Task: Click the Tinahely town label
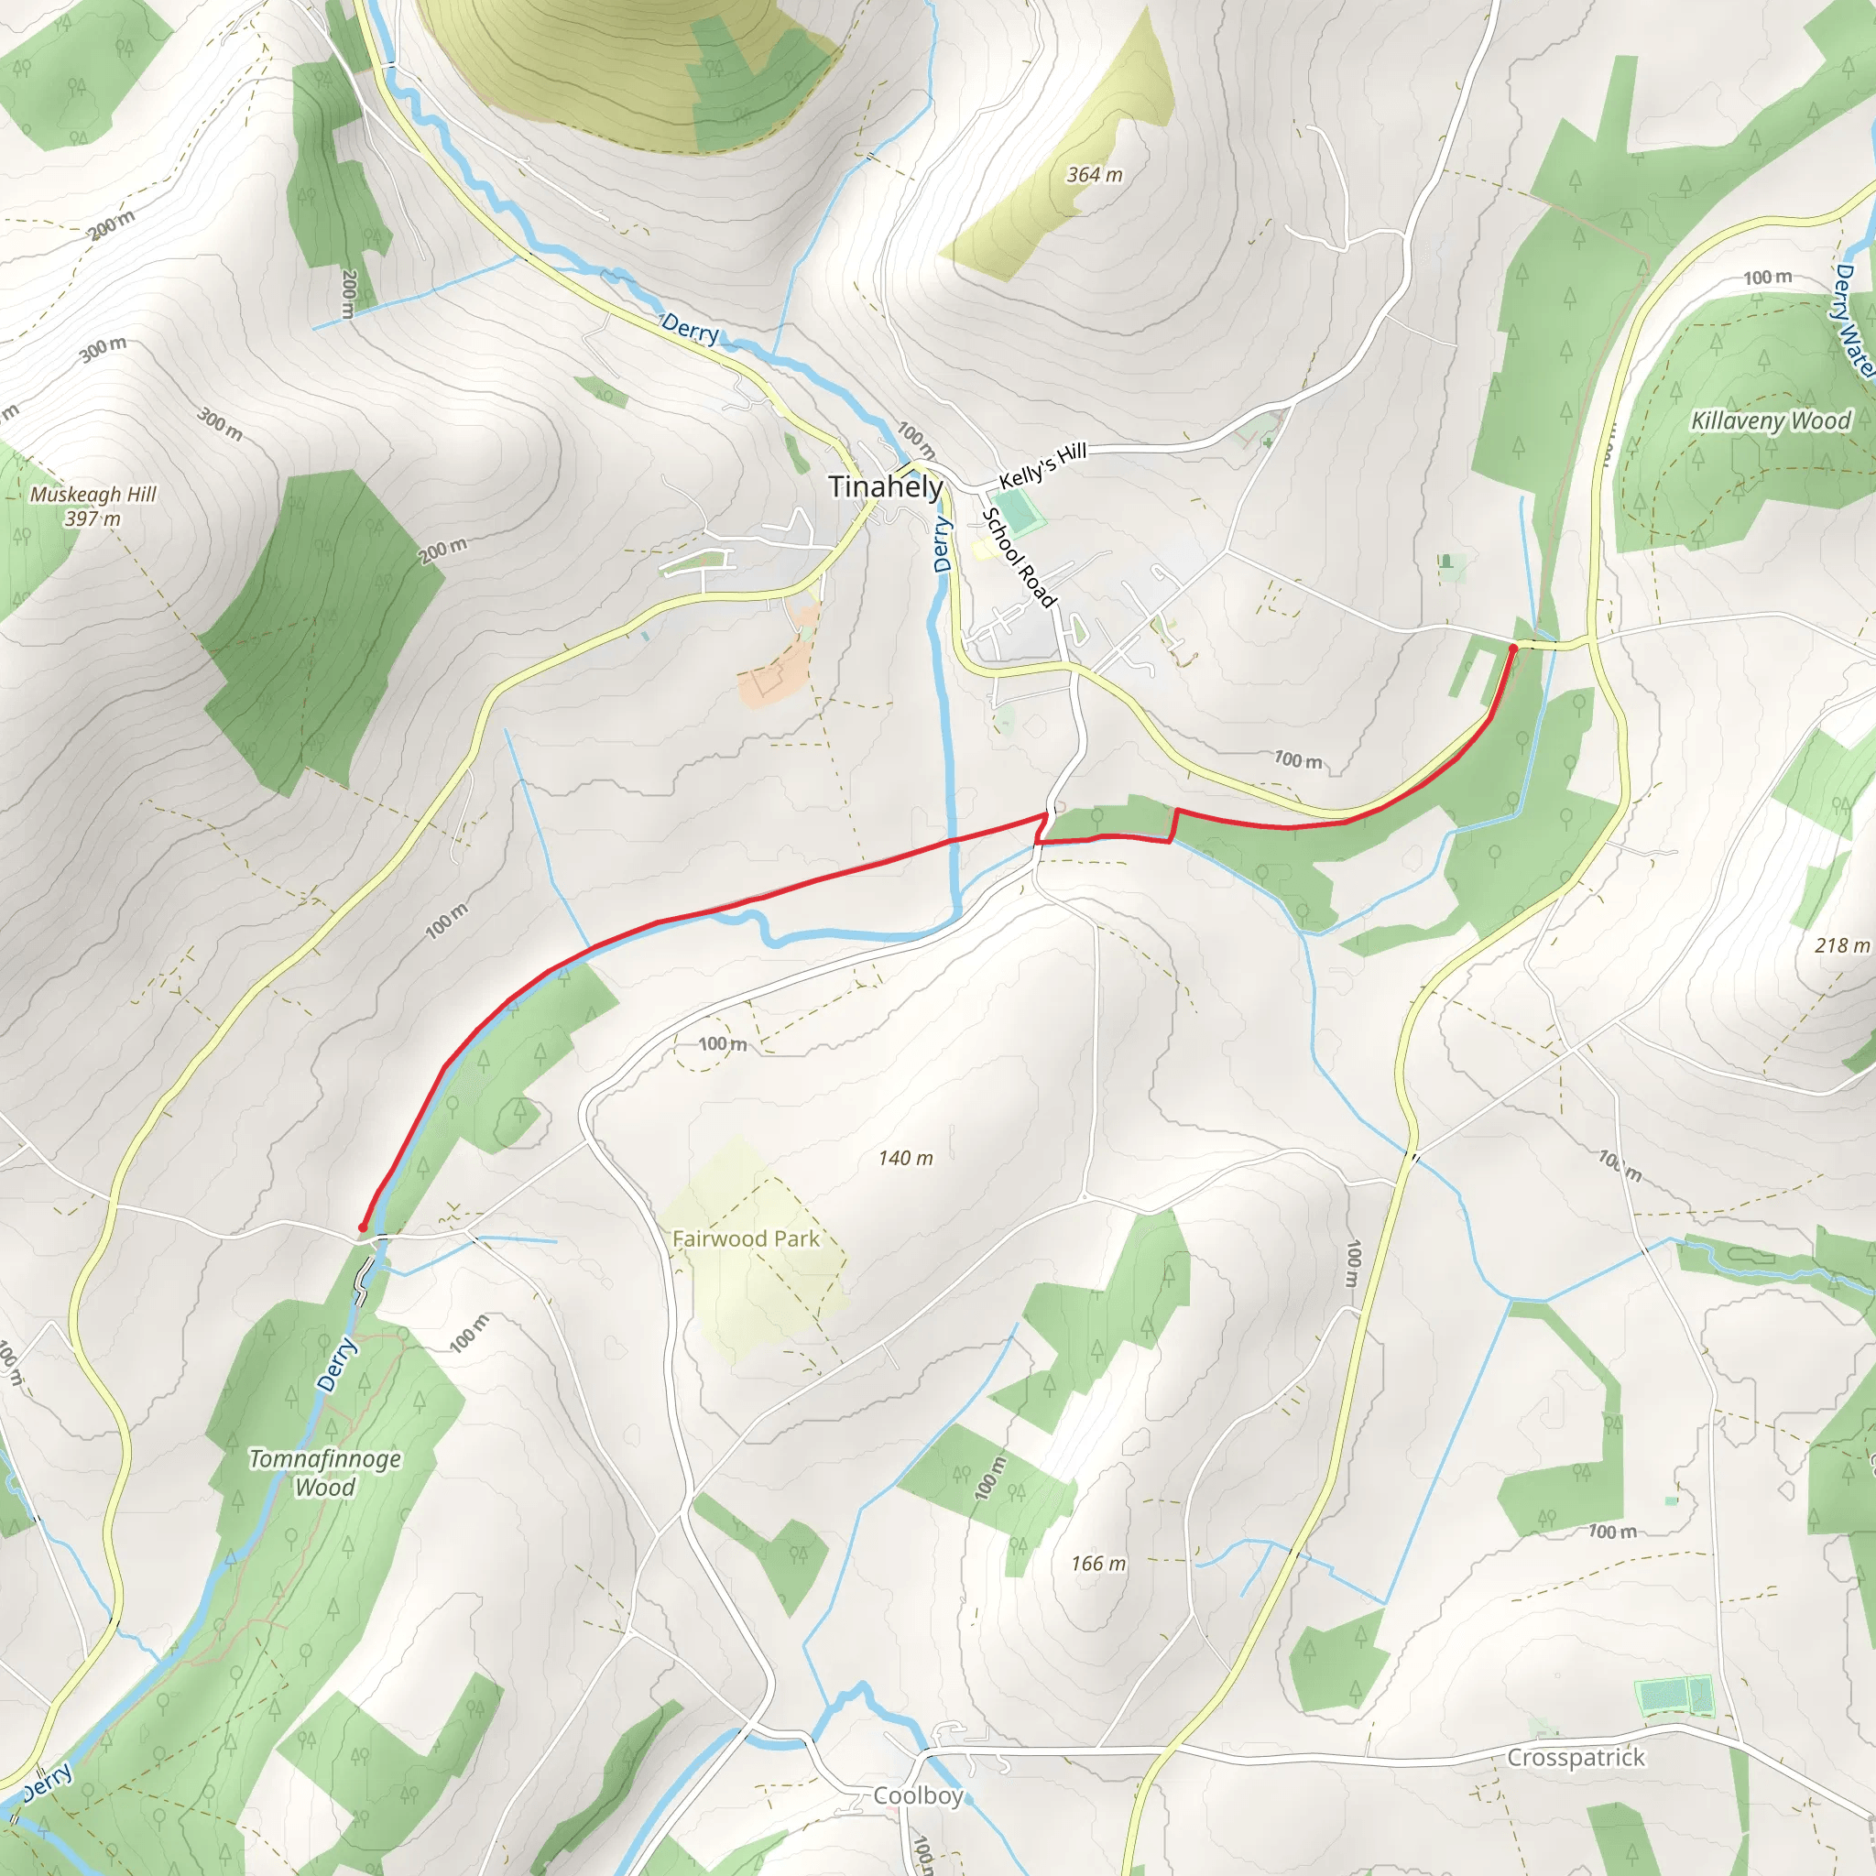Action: [885, 486]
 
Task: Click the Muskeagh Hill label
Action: [93, 495]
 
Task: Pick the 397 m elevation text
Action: [93, 518]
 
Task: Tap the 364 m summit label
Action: [1095, 175]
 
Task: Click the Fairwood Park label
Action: [746, 1239]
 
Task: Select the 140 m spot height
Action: [905, 1158]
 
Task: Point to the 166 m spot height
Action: [1098, 1564]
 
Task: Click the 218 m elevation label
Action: [1841, 944]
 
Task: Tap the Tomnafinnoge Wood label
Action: [325, 1473]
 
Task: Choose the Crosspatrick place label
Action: [1576, 1758]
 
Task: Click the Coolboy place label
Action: [918, 1795]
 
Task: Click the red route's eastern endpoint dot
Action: [1513, 648]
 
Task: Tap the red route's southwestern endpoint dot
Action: [362, 1228]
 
